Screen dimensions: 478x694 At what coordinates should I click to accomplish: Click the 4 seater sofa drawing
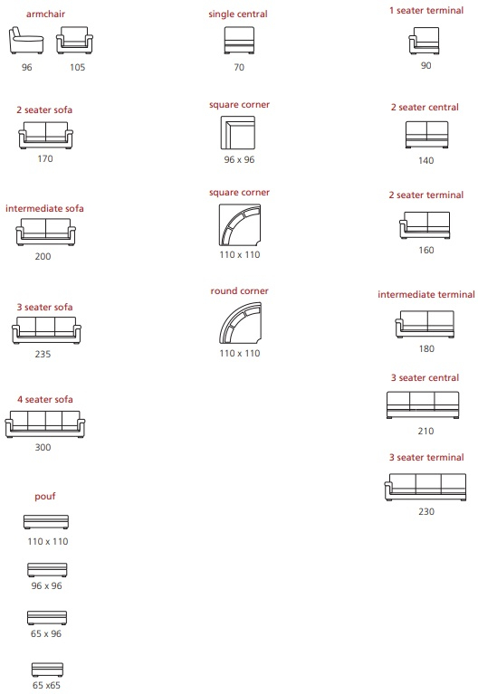coord(45,424)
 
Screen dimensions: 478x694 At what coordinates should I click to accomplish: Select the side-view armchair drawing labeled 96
coord(26,41)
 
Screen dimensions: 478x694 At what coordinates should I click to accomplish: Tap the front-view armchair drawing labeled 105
coord(74,41)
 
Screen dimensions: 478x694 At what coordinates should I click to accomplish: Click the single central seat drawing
coord(239,41)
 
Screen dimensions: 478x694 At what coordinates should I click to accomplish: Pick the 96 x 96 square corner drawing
coord(238,133)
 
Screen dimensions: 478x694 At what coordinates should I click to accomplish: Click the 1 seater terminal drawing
coord(424,41)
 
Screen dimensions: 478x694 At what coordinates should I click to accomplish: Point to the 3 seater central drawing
coord(423,405)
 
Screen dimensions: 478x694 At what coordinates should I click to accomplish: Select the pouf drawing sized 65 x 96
coord(47,617)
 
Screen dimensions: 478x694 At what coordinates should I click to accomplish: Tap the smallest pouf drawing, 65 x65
coord(47,670)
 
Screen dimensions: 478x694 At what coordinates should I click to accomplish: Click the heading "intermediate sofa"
coord(44,208)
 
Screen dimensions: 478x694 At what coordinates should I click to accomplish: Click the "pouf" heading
coord(45,497)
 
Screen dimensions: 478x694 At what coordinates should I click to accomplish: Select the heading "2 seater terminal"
coord(426,195)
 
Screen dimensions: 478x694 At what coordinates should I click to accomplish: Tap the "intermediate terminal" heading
coord(426,294)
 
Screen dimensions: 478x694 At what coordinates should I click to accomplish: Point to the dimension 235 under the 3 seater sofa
coord(43,354)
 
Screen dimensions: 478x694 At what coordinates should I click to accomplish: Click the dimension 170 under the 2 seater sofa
coord(45,158)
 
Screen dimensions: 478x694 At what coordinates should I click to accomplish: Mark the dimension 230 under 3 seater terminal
coord(426,511)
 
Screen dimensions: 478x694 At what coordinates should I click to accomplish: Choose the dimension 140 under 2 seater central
coord(425,161)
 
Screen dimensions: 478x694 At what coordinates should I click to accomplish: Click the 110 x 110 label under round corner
coord(240,353)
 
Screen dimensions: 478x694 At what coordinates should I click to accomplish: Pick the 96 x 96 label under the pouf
coord(46,585)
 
